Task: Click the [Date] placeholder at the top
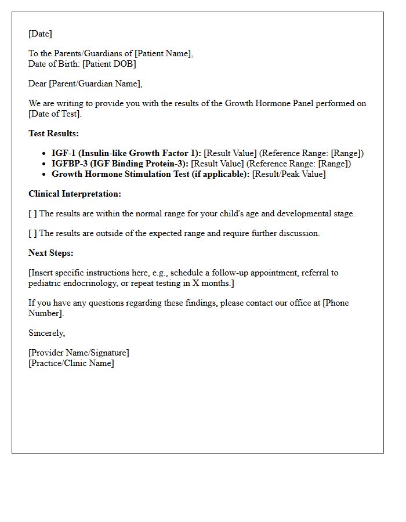pyautogui.click(x=40, y=34)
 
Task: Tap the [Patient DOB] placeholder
pyautogui.click(x=109, y=64)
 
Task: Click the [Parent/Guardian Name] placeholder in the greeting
pyautogui.click(x=95, y=84)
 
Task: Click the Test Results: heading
pyautogui.click(x=53, y=133)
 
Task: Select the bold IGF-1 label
pyautogui.click(x=126, y=153)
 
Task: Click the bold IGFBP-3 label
pyautogui.click(x=120, y=164)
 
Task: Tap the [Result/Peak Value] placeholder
pyautogui.click(x=289, y=174)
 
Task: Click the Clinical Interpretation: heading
pyautogui.click(x=75, y=194)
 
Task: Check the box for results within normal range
pyautogui.click(x=32, y=213)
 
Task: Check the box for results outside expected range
pyautogui.click(x=32, y=233)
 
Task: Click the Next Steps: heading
pyautogui.click(x=51, y=253)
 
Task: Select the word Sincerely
pyautogui.click(x=46, y=333)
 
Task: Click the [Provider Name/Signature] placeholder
pyautogui.click(x=79, y=353)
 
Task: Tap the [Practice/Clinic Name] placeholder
pyautogui.click(x=71, y=363)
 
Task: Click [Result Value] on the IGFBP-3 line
pyautogui.click(x=217, y=164)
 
